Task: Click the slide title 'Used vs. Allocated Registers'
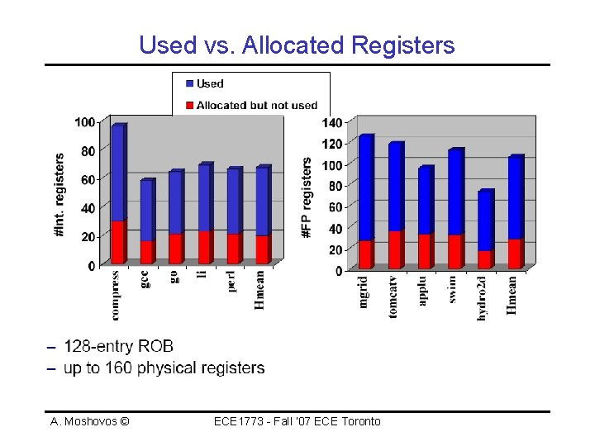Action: pos(297,45)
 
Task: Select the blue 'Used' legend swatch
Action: pos(189,83)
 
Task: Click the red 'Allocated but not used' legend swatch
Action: pos(189,105)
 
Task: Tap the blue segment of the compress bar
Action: pos(117,173)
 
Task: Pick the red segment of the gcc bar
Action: pos(146,251)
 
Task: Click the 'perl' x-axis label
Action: pos(233,282)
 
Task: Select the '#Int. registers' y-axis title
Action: pos(59,196)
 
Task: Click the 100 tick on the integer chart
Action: pos(85,122)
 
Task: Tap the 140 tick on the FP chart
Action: pos(332,123)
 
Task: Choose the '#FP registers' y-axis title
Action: pos(307,199)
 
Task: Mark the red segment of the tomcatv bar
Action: pos(395,249)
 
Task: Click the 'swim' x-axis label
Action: pos(453,289)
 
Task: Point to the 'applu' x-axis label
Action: pos(423,291)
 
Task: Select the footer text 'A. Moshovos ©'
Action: pos(89,421)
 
